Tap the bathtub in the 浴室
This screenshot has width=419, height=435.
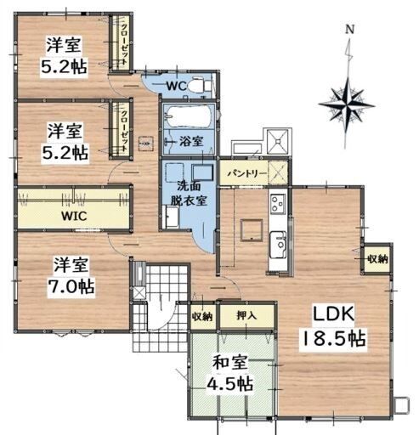(188, 116)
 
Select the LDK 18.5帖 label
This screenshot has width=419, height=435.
(333, 327)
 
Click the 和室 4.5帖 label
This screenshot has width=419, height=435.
(230, 372)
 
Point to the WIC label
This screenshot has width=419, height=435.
(74, 216)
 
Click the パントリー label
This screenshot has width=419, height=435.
(247, 172)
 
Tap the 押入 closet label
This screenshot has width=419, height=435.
(246, 315)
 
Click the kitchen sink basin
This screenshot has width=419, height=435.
(278, 245)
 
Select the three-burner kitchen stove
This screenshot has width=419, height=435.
(278, 203)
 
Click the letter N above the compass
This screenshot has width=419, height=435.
(350, 29)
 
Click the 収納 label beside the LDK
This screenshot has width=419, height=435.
(377, 258)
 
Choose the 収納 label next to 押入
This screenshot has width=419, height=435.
(202, 316)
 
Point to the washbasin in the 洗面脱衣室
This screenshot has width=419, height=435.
(172, 217)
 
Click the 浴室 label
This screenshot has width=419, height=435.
(191, 141)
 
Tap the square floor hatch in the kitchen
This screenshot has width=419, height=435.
(252, 230)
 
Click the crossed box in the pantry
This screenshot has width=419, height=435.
(278, 172)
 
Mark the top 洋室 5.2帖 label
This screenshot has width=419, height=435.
(64, 56)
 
